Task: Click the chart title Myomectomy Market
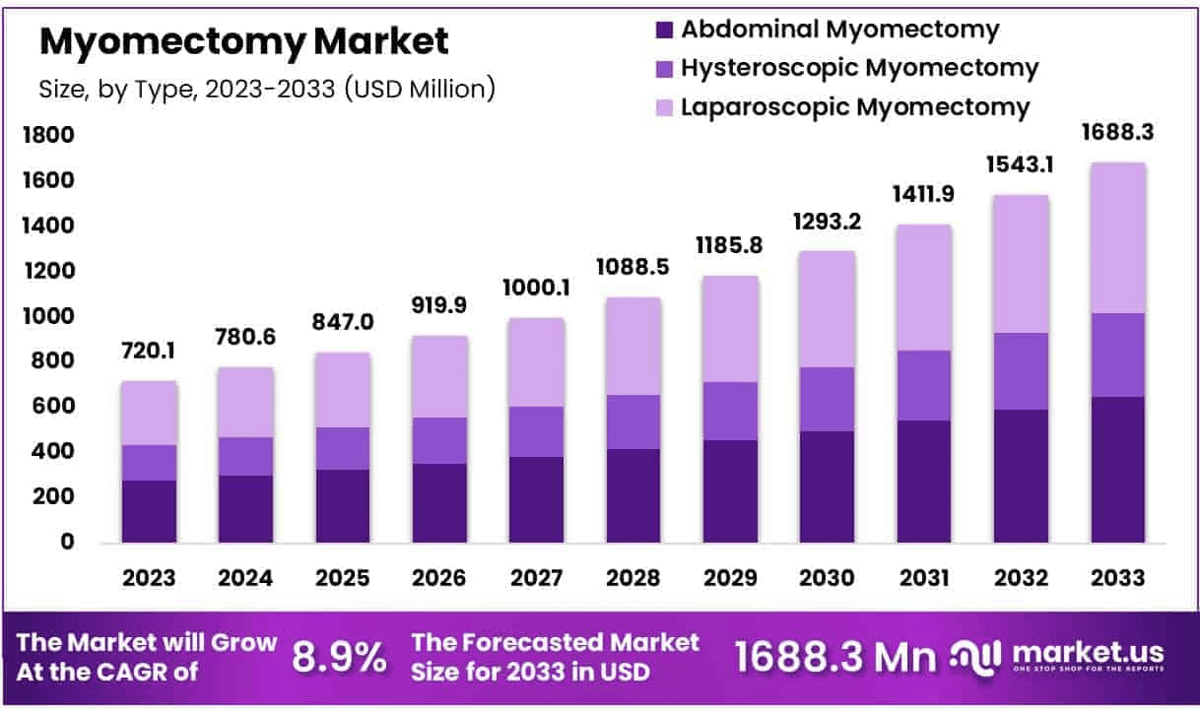pos(244,41)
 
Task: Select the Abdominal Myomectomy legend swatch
pos(664,30)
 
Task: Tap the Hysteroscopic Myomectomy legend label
pos(859,68)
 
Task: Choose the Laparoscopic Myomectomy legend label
pos(855,106)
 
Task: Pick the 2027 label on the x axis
pos(537,578)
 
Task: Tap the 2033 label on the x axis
pos(1118,578)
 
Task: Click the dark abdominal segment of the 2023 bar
pos(149,511)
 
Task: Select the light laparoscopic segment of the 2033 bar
pos(1118,237)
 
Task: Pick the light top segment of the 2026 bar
pos(440,376)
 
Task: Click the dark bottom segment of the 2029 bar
pos(730,491)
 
